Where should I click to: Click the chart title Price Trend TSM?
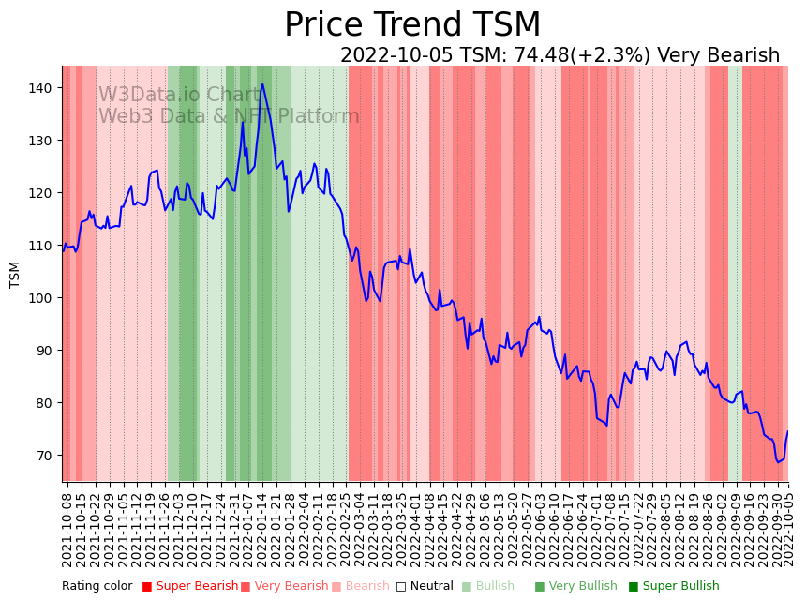[412, 25]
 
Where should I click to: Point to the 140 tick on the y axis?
[43, 88]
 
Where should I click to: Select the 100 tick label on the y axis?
[43, 298]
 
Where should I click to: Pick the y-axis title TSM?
[14, 274]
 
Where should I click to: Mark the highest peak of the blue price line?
[262, 84]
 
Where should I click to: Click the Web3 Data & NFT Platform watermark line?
[229, 116]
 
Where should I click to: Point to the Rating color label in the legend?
[97, 586]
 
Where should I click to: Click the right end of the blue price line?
[787, 431]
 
